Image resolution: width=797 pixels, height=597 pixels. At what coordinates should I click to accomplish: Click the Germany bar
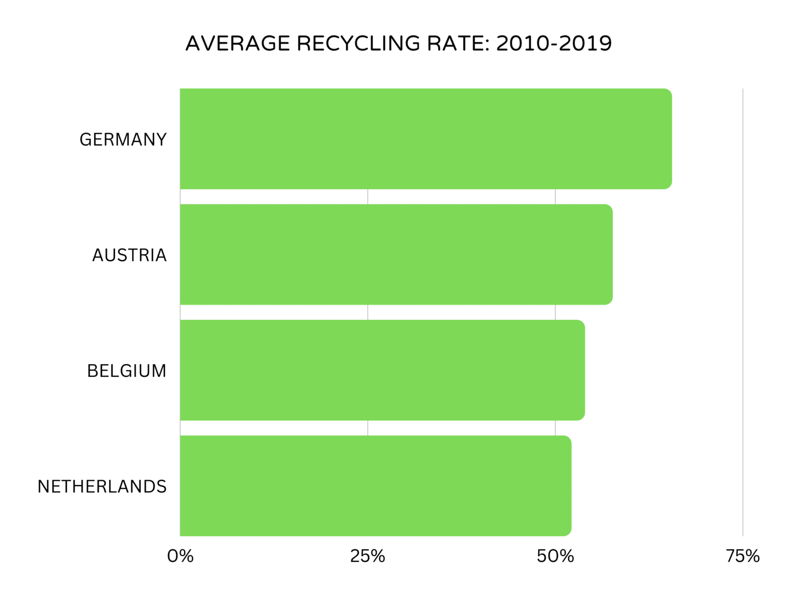[x=425, y=139]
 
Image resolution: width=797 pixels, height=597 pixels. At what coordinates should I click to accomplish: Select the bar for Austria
[x=396, y=254]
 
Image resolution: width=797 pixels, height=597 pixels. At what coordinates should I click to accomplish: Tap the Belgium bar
[x=382, y=370]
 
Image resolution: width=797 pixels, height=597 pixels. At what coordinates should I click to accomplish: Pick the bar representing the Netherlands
[x=376, y=486]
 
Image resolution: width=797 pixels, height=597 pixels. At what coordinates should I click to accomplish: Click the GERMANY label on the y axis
[x=123, y=139]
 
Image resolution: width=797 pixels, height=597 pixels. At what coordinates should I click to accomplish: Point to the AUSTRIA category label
[x=129, y=255]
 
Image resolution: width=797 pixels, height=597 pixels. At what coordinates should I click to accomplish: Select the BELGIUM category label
[x=127, y=371]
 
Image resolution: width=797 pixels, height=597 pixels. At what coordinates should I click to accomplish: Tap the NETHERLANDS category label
[x=102, y=487]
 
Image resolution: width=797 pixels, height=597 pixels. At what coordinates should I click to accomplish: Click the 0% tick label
[x=180, y=556]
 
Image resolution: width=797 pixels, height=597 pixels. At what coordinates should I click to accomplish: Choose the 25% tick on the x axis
[x=367, y=556]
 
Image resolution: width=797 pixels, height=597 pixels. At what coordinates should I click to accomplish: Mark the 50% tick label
[x=555, y=556]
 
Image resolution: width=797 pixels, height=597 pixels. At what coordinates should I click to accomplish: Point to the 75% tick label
[x=743, y=556]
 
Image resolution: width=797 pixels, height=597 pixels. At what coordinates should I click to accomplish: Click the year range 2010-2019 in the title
[x=554, y=44]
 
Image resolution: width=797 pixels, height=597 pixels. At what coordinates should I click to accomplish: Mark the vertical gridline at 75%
[x=743, y=311]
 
